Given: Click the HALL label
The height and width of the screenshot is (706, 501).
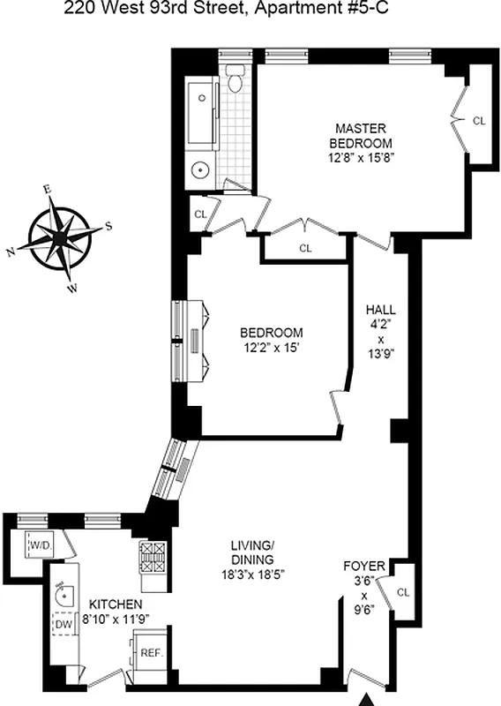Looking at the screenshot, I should tap(381, 310).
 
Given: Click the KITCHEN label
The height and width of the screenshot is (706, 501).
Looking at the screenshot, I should tap(116, 604).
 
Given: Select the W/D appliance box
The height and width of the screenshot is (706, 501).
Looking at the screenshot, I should tap(40, 546).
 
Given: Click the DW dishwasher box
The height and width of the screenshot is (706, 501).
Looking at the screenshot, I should tap(64, 625).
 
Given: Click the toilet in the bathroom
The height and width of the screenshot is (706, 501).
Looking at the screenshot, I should tap(235, 80).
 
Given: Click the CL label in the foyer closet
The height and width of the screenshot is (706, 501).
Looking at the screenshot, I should tap(403, 592).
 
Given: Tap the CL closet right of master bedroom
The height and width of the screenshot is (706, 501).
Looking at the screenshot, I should tap(478, 121).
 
